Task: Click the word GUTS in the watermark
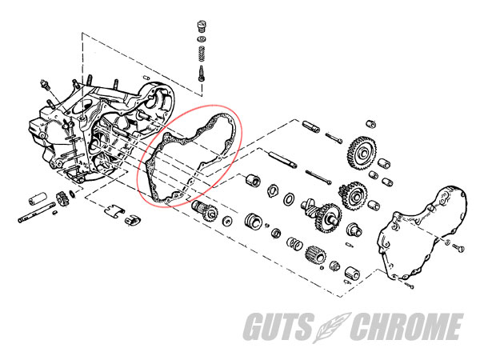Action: pos(279,326)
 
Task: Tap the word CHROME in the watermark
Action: pos(406,326)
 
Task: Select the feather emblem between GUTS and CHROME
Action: pos(332,327)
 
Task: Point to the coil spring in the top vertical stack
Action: pos(202,54)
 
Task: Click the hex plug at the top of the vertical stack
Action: pos(202,26)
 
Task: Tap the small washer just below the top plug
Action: pos(202,39)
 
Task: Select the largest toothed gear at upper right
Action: pos(362,153)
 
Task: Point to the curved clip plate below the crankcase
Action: pos(114,210)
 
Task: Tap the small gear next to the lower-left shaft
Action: pos(62,198)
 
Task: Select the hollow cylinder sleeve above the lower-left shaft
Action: pos(38,198)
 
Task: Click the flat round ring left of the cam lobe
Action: pos(289,199)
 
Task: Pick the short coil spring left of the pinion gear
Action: pos(294,243)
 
